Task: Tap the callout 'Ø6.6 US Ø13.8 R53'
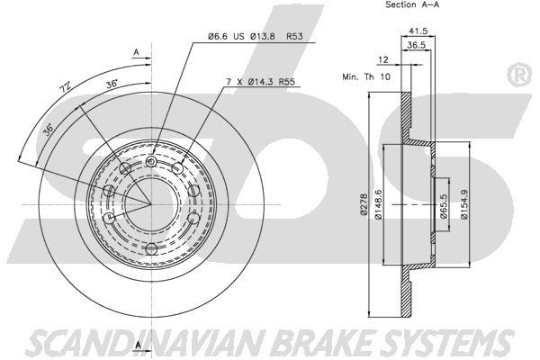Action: pyautogui.click(x=255, y=37)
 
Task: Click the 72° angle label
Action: pyautogui.click(x=65, y=88)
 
